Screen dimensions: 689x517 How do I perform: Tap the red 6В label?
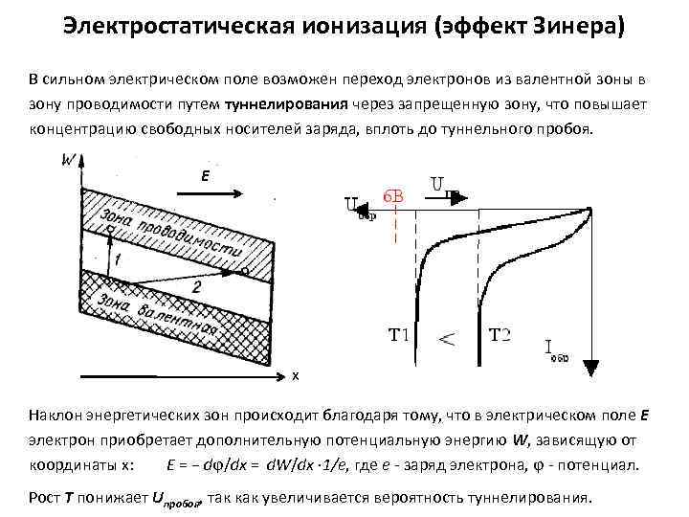392,195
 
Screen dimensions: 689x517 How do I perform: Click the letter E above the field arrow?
205,176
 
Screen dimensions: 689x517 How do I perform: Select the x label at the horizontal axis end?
296,375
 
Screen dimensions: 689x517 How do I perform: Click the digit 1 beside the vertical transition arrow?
116,259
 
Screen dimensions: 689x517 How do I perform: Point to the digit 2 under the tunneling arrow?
196,286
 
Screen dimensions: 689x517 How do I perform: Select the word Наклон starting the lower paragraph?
56,416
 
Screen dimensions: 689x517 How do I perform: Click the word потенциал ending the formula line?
606,465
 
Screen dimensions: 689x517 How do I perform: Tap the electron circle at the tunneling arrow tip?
244,271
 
